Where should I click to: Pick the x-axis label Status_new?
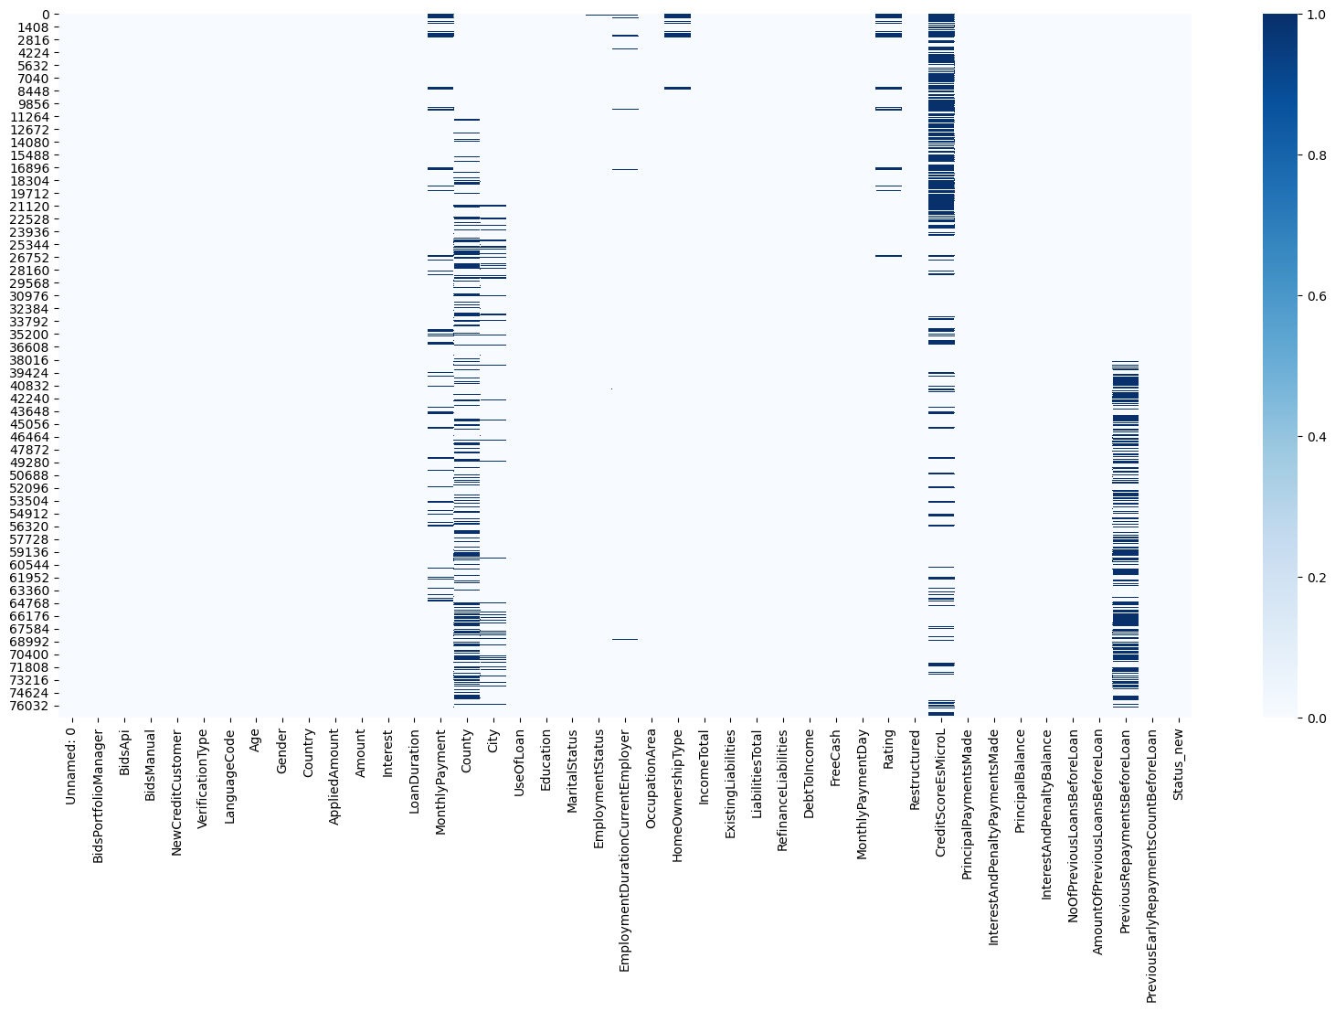coord(1178,762)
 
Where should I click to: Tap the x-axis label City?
coord(493,745)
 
